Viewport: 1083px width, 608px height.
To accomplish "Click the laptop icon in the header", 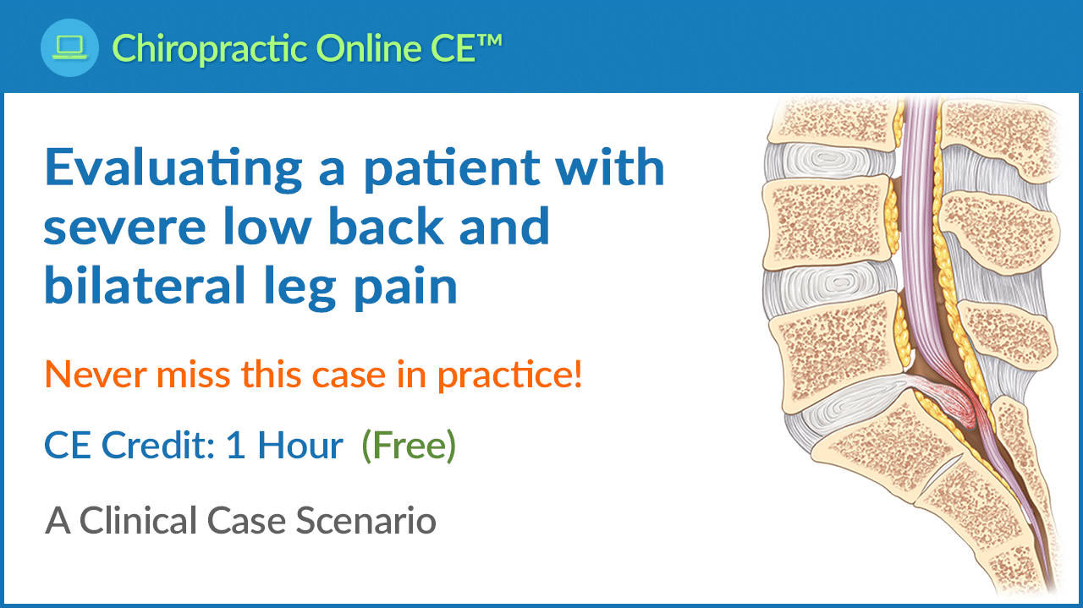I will pos(69,47).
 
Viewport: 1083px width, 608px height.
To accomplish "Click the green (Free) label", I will pos(408,445).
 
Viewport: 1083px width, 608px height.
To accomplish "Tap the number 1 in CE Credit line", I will pos(234,445).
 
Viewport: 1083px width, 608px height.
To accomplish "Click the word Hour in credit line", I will pos(300,445).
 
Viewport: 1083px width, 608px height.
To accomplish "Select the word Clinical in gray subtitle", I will pos(161,520).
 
